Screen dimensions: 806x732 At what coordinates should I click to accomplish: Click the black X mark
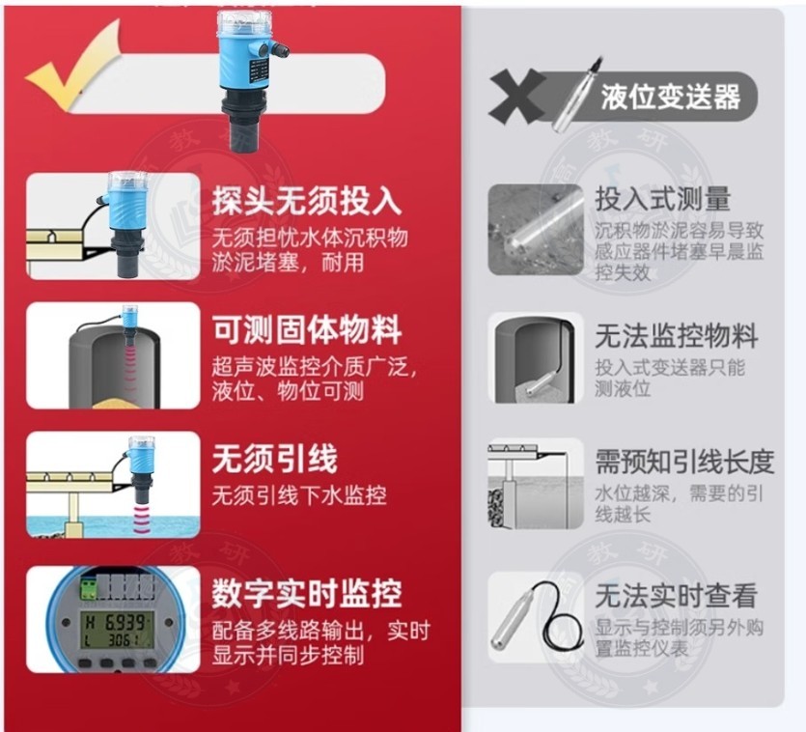point(517,97)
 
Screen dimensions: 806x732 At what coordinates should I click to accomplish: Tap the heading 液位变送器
point(670,97)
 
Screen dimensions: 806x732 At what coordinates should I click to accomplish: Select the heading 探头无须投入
point(307,200)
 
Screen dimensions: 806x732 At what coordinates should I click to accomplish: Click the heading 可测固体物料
point(307,329)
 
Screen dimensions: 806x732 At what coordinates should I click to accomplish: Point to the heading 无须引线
point(275,459)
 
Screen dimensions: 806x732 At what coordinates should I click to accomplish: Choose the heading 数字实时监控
point(307,594)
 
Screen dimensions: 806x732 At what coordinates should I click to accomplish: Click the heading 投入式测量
point(662,199)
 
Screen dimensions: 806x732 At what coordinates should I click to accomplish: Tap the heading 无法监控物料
point(677,336)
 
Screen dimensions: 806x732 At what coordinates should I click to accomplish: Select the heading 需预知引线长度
point(684,462)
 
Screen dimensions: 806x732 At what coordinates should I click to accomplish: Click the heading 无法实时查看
point(677,596)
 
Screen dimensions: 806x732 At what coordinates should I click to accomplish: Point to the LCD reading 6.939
point(125,623)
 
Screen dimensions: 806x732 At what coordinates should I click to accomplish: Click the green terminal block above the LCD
point(89,588)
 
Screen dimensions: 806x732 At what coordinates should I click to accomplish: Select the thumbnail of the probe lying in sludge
point(536,230)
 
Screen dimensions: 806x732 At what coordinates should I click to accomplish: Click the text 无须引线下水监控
point(299,495)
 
